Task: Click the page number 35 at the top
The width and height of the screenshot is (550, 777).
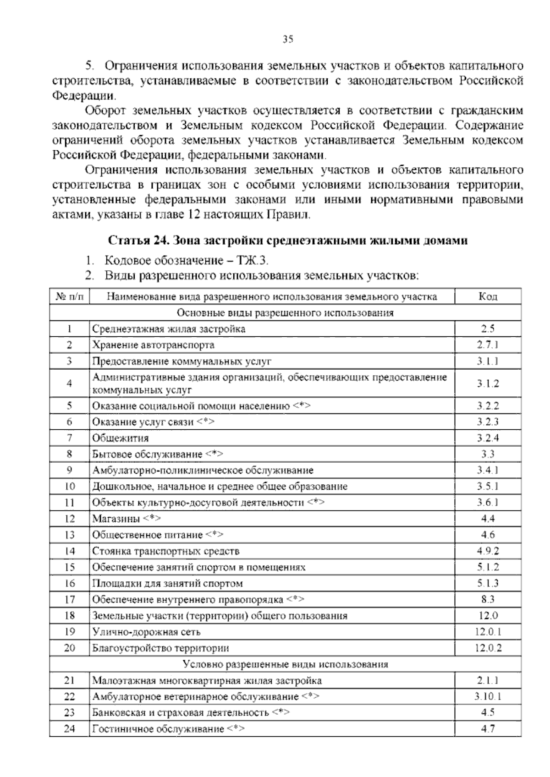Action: [288, 39]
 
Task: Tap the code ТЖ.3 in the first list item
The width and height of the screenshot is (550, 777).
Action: [252, 261]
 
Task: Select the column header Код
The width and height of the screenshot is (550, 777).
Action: [488, 296]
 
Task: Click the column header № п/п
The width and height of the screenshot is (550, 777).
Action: [69, 296]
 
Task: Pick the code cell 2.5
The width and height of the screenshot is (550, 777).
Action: [488, 328]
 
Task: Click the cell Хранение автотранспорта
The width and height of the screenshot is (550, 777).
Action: [154, 345]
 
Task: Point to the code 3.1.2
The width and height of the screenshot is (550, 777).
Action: [488, 383]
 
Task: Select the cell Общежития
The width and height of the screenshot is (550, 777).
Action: [121, 438]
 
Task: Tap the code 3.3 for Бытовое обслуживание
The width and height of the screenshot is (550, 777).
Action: [488, 454]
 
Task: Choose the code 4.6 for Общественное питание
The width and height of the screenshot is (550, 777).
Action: [488, 535]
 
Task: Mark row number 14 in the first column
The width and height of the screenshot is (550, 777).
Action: [69, 551]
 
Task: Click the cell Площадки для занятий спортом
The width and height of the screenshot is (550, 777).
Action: [168, 583]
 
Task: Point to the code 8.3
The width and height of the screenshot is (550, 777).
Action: [488, 599]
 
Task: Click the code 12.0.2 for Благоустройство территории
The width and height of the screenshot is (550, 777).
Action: [488, 648]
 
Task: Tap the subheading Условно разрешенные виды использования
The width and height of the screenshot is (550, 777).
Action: [285, 664]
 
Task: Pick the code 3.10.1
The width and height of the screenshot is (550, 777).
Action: [488, 696]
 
